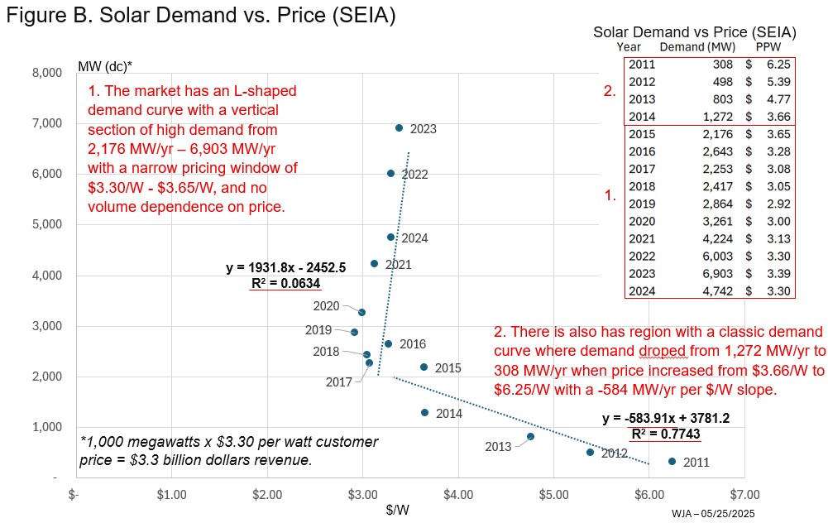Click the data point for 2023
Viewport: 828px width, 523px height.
click(x=399, y=128)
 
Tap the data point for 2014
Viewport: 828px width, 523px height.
click(x=424, y=412)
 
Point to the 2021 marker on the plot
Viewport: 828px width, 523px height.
click(x=374, y=263)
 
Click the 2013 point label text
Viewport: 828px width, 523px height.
click(x=498, y=447)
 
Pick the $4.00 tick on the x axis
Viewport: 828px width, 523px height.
click(x=457, y=494)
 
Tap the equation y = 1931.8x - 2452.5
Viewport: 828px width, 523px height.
click(x=285, y=268)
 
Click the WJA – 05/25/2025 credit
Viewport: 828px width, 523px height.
click(x=712, y=514)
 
